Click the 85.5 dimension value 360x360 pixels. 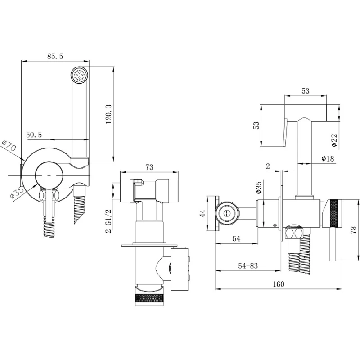(55, 56)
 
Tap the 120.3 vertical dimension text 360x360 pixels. (108, 114)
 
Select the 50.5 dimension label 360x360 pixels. (34, 135)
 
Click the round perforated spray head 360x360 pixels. (80, 75)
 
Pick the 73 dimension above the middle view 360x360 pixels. (149, 167)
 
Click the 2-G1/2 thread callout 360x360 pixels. (108, 221)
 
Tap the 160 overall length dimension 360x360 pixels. (279, 284)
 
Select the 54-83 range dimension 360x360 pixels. (248, 265)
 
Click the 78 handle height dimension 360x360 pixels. (354, 230)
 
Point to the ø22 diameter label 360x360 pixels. (334, 140)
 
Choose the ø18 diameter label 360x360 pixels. (328, 158)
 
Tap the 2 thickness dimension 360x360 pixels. (268, 166)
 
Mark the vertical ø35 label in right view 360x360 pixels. (258, 188)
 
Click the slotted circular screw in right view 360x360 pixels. (227, 213)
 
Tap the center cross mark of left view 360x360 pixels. (49, 175)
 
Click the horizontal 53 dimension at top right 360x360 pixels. (306, 91)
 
